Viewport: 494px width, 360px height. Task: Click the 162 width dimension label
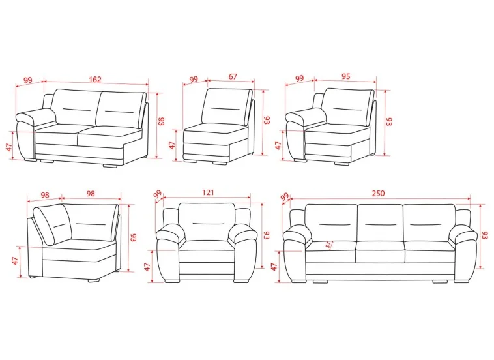95,79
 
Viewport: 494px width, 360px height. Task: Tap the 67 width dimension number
233,76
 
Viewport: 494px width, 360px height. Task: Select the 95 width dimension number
345,76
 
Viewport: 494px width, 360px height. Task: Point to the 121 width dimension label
208,192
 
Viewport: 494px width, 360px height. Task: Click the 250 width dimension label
378,193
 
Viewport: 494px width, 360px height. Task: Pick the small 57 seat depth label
329,245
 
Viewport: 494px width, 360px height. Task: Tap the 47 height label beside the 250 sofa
274,267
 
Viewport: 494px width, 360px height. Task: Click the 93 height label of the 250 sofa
486,235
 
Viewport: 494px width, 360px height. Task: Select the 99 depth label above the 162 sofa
28,80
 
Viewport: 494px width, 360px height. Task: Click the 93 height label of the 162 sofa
162,121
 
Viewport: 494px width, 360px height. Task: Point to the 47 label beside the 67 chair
171,145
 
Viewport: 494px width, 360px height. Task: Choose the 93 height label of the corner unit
133,237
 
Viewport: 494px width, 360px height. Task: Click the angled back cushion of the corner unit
53,224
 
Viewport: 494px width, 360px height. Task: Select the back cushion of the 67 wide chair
226,106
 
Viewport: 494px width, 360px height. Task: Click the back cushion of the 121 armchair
207,222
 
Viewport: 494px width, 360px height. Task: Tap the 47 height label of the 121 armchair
147,267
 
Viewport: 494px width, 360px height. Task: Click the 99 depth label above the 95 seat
299,78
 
